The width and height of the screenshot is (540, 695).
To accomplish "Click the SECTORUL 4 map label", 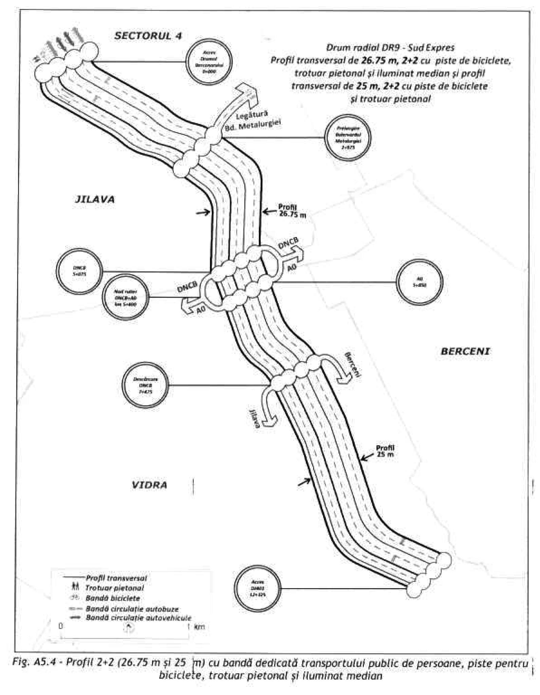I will (x=148, y=36).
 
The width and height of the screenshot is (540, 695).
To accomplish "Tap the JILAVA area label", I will (x=95, y=199).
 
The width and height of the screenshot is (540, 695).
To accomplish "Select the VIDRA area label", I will (x=149, y=485).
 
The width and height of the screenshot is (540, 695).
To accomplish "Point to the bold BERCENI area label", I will (x=465, y=351).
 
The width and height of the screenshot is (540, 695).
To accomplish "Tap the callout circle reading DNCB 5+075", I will (x=79, y=271).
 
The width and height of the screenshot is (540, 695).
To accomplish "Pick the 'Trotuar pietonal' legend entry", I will (x=115, y=588).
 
